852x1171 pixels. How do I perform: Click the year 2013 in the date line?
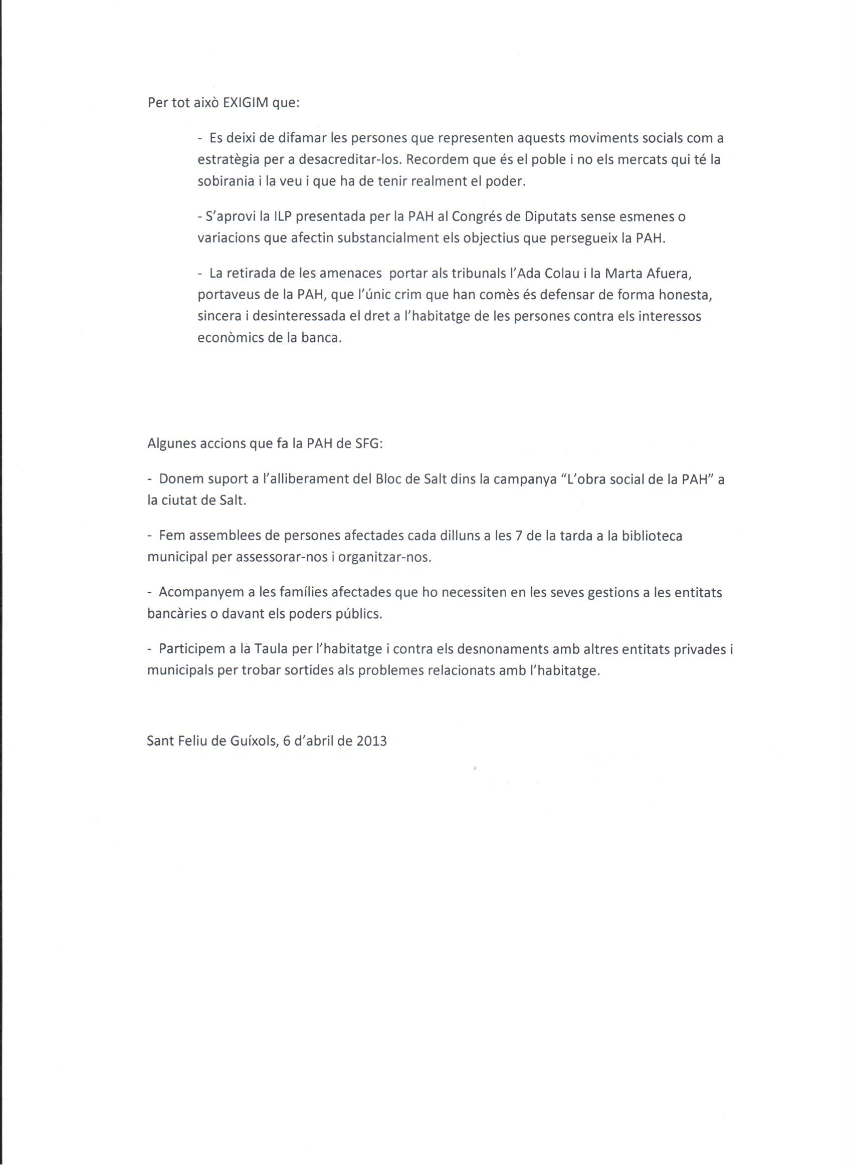pyautogui.click(x=371, y=742)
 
